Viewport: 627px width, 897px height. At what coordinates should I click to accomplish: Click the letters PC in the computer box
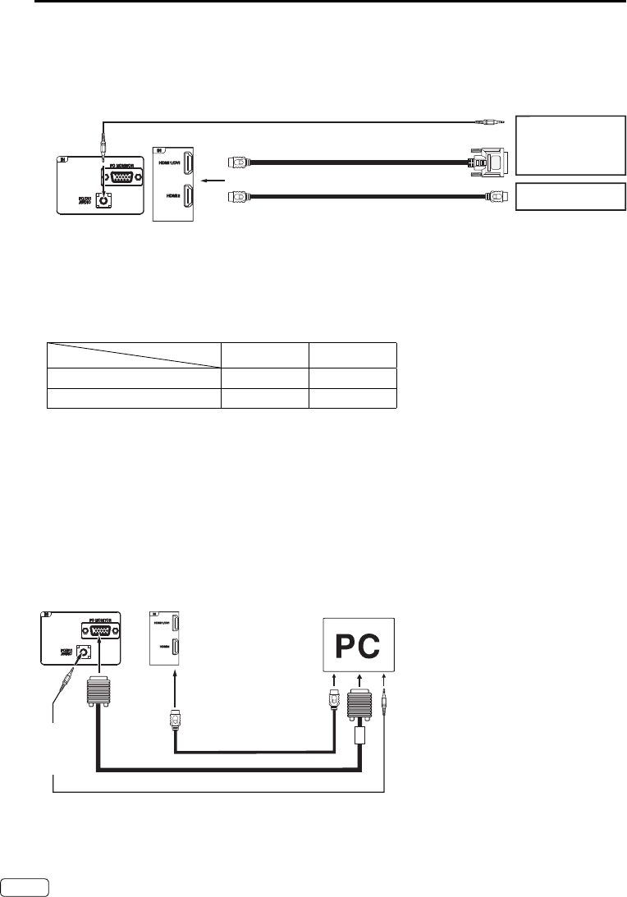[357, 648]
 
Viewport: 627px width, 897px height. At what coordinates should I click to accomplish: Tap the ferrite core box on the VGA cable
[358, 732]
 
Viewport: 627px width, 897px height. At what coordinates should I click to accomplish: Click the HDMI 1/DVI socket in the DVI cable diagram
[187, 165]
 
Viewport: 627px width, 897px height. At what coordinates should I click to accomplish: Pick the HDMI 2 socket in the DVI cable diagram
[187, 197]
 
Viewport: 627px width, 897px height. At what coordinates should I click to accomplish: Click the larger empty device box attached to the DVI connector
[567, 144]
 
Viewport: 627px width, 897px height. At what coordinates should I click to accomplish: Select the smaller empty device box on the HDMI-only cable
[567, 197]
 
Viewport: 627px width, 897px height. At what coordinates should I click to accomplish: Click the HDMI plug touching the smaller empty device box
[497, 197]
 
